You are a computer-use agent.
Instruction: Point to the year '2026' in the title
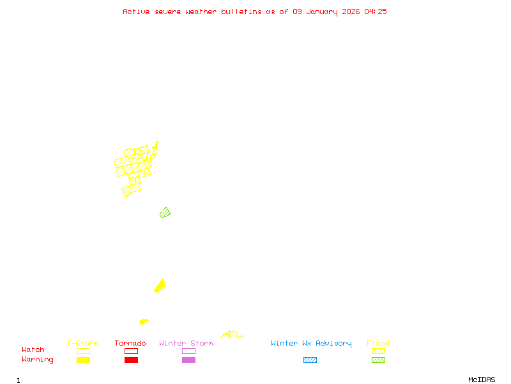click(351, 12)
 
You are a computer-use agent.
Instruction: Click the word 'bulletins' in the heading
click(241, 12)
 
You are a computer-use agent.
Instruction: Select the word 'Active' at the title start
click(137, 12)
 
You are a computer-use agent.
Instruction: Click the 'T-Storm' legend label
click(82, 344)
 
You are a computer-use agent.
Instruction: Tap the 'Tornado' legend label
click(130, 344)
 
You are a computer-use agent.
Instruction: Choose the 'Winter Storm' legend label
click(186, 344)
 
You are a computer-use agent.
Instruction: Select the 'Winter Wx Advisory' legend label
click(311, 344)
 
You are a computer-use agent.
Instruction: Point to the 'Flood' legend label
click(378, 344)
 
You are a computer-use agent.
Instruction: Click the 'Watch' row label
click(33, 350)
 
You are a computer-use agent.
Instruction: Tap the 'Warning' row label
click(38, 360)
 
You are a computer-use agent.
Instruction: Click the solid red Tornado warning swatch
click(131, 360)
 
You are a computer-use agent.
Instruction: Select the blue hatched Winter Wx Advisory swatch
click(310, 360)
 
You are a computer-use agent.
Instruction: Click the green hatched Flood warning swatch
click(378, 360)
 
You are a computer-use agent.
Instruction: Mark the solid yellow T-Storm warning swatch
click(83, 360)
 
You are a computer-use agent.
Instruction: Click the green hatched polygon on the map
click(165, 212)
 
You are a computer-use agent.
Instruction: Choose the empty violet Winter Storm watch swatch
click(188, 351)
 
